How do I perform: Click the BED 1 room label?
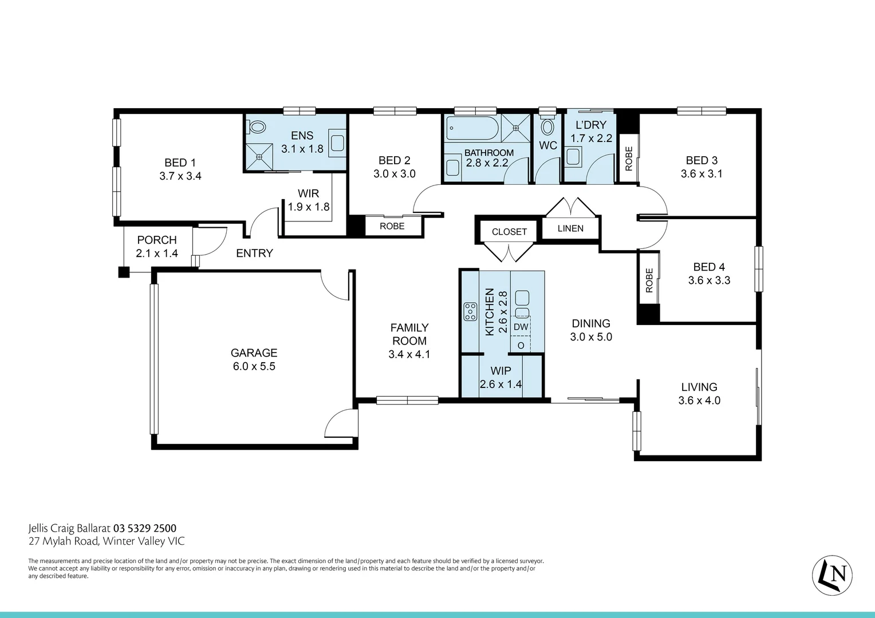[x=180, y=163]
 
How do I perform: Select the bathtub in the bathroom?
[x=473, y=129]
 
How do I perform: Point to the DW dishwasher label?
[x=521, y=327]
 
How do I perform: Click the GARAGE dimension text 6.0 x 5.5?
[x=254, y=367]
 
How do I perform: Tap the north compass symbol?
[x=832, y=574]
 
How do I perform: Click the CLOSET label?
[x=509, y=232]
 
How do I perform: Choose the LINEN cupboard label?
[x=570, y=228]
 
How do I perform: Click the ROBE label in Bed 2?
[x=392, y=226]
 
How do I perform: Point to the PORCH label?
[x=157, y=240]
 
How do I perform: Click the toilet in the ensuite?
[x=257, y=127]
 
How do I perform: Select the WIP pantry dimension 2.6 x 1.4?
[x=500, y=385]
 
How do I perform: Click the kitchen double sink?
[x=522, y=303]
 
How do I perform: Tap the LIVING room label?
[x=699, y=387]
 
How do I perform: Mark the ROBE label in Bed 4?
[x=649, y=280]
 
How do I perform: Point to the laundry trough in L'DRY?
[x=573, y=156]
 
